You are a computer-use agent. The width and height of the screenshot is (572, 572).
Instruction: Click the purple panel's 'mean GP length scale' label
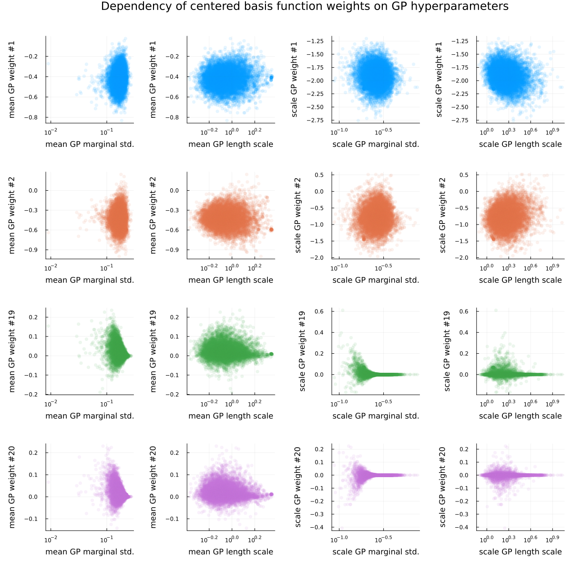[231, 552]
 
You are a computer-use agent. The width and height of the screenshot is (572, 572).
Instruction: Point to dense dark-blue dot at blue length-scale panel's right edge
[272, 77]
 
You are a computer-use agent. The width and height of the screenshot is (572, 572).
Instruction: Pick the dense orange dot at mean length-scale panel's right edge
[272, 229]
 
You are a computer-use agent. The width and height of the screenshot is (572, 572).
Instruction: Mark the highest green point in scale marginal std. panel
[342, 310]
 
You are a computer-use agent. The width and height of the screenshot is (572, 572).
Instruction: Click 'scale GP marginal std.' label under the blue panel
[376, 144]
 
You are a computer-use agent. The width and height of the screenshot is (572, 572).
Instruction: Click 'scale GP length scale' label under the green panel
[520, 416]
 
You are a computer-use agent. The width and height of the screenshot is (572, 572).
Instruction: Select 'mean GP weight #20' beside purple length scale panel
[153, 487]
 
